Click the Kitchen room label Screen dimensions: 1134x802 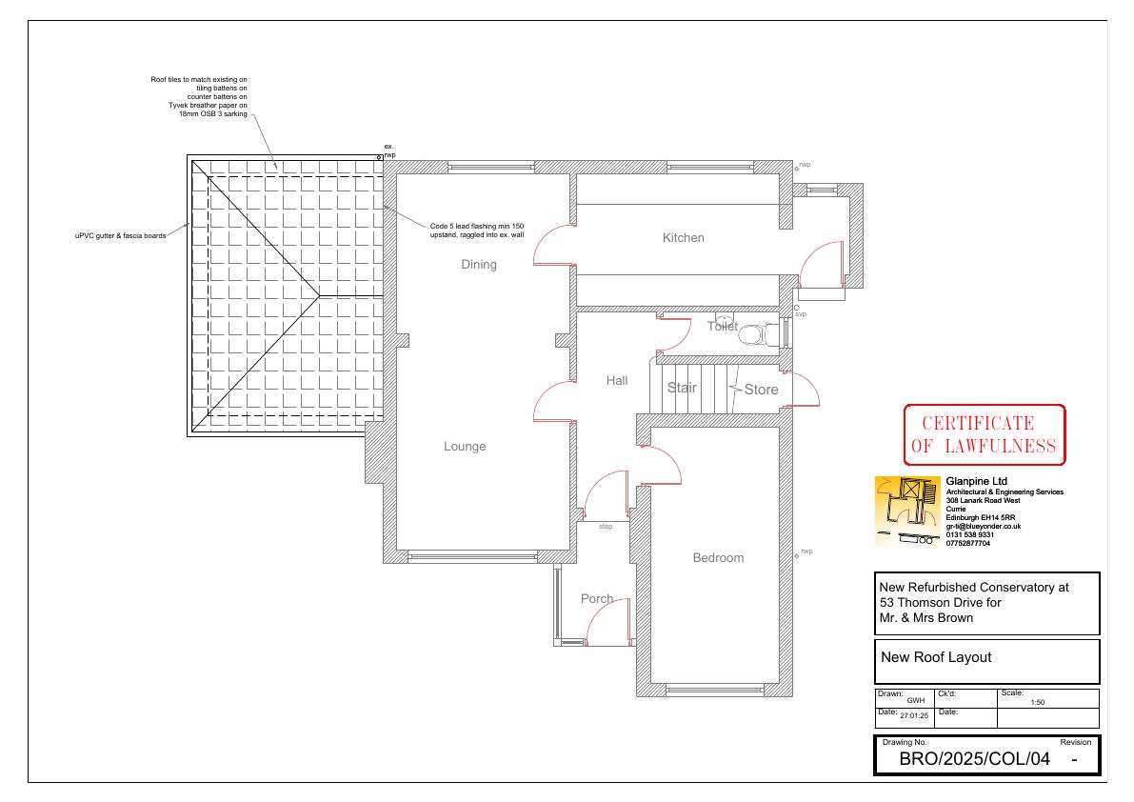pos(683,237)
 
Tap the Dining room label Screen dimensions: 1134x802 pos(479,265)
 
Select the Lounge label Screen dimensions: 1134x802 pos(465,447)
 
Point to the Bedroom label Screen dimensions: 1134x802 pos(717,557)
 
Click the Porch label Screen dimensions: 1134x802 pos(597,599)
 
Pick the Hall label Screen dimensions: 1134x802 pos(616,380)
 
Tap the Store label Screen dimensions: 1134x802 pos(761,389)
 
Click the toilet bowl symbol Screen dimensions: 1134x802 pos(753,335)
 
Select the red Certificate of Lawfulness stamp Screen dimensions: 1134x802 pos(985,434)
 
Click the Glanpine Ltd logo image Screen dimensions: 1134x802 pos(907,511)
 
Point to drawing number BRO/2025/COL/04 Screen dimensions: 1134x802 pos(974,758)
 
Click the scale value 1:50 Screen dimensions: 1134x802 pos(1037,702)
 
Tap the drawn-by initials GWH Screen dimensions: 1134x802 pos(916,701)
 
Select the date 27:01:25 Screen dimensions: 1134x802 pos(914,716)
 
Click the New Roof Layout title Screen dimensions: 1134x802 pos(936,657)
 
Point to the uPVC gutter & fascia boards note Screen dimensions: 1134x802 pos(120,236)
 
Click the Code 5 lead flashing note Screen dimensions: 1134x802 pos(477,231)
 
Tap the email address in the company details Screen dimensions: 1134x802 pos(983,527)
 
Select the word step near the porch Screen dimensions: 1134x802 pos(606,527)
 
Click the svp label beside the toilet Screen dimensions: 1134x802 pos(801,314)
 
